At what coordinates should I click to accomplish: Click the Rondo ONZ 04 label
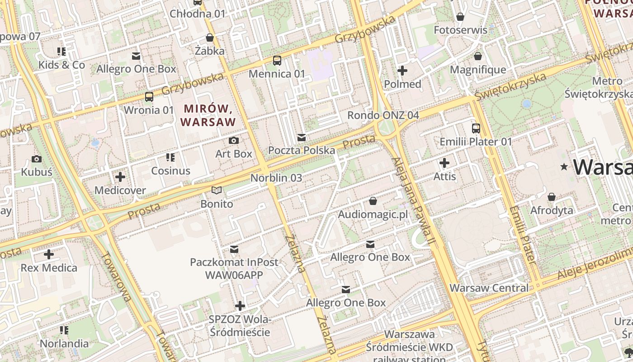(x=383, y=115)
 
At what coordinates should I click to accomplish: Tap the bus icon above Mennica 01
(x=277, y=60)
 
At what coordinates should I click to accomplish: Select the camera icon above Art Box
(x=234, y=140)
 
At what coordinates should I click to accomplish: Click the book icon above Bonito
(x=217, y=191)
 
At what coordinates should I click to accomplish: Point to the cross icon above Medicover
(x=120, y=177)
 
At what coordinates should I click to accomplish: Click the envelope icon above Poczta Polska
(x=302, y=137)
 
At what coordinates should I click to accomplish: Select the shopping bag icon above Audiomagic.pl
(x=373, y=200)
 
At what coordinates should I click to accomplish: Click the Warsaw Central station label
(x=489, y=288)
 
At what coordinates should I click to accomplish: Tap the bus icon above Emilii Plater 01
(x=476, y=128)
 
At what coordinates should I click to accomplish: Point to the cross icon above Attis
(x=444, y=162)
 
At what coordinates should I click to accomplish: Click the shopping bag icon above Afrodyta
(x=551, y=197)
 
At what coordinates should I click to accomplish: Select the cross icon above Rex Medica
(x=49, y=254)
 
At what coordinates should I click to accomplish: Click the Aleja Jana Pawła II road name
(x=413, y=201)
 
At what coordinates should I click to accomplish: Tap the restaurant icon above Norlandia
(x=64, y=330)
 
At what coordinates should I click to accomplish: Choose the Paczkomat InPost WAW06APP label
(x=234, y=268)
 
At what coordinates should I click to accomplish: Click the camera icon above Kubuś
(x=37, y=159)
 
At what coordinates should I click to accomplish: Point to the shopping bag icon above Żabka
(x=209, y=37)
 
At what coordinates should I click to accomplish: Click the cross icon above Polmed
(x=402, y=71)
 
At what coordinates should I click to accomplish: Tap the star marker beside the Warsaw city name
(x=564, y=167)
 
